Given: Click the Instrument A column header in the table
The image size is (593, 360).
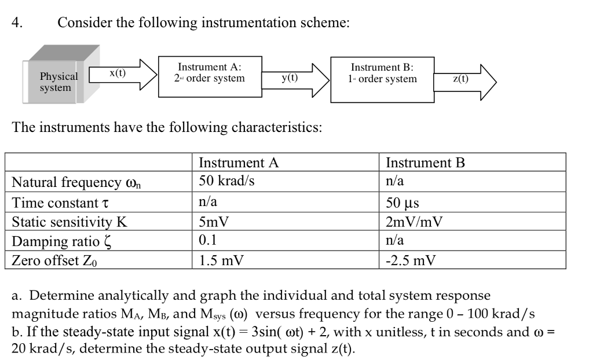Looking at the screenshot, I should coord(239,163).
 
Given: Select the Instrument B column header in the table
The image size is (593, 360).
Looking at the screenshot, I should coord(425,163).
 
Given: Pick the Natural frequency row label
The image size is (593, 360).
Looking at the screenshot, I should coord(78,183).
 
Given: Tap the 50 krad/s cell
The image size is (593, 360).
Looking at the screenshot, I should coord(226,181).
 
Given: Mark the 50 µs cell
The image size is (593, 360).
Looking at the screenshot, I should coord(402,203).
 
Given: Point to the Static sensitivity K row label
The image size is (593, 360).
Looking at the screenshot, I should coord(70,222).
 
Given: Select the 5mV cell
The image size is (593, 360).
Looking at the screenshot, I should coord(214,222).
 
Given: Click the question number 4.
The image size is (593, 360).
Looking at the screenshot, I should coord(18,23).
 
